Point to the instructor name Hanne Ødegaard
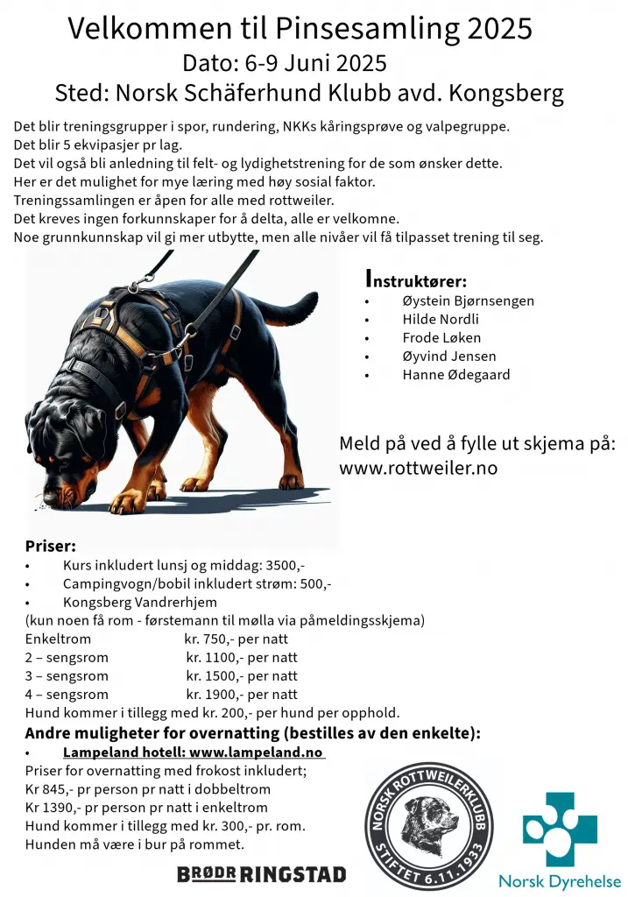(455, 374)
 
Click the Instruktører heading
(415, 280)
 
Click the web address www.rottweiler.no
(418, 468)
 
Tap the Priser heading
(51, 547)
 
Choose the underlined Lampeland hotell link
(193, 752)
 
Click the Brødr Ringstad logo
(261, 873)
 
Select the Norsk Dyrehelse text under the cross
(560, 881)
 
